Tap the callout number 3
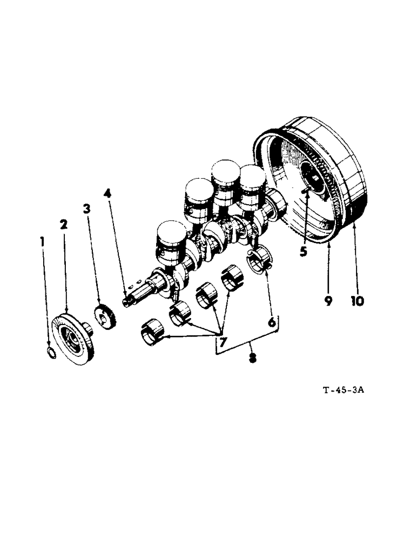click(x=86, y=208)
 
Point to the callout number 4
click(x=108, y=193)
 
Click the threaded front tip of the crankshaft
click(x=127, y=300)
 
